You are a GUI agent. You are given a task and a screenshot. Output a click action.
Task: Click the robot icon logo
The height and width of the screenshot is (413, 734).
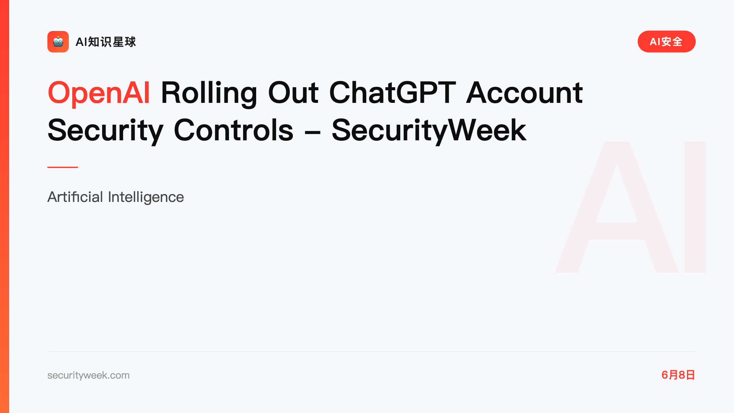[58, 42]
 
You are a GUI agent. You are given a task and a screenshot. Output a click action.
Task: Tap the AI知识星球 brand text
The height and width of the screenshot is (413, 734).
[106, 42]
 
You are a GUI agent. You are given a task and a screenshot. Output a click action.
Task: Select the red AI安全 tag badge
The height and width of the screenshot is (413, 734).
[666, 42]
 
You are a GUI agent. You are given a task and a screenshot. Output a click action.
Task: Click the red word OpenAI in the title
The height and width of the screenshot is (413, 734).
[99, 93]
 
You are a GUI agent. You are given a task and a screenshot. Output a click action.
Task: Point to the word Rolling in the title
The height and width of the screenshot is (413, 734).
[209, 93]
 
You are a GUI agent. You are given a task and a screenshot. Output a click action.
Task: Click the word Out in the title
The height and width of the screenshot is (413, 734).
[293, 93]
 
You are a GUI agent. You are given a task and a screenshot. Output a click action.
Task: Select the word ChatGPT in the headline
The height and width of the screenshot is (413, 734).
[392, 93]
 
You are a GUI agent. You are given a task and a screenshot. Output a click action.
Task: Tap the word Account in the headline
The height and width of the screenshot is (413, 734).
[525, 93]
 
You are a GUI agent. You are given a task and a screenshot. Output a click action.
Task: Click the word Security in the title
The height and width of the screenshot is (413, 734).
[106, 131]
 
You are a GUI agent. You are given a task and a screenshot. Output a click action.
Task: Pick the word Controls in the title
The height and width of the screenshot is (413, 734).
[234, 130]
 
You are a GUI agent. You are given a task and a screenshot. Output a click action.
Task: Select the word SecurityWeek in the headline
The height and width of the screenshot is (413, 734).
[429, 131]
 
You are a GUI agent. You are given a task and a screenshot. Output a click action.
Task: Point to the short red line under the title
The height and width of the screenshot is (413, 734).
[63, 167]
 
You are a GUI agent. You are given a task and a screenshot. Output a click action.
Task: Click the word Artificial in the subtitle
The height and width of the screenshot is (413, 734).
[75, 197]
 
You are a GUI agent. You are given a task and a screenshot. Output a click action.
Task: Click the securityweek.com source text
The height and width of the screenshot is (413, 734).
[88, 375]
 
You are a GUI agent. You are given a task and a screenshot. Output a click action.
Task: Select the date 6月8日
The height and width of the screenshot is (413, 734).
[678, 375]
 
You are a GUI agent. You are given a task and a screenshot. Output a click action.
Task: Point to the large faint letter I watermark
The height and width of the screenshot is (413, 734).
[695, 207]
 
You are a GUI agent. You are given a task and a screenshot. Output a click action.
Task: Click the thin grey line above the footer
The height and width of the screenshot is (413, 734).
[372, 351]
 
